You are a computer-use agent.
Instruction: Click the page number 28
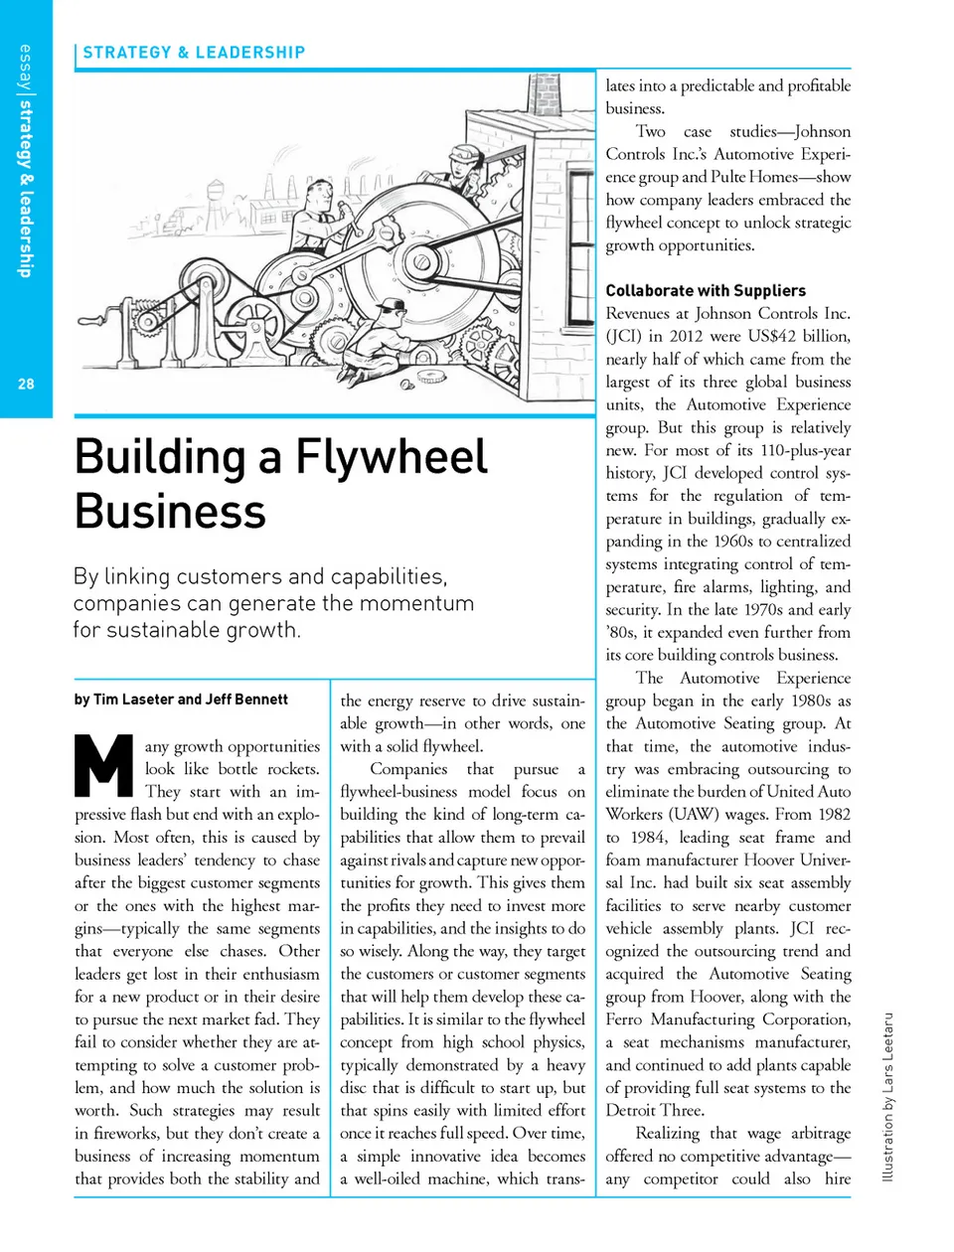26,384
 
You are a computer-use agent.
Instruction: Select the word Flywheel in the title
391,457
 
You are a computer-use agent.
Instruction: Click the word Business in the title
170,511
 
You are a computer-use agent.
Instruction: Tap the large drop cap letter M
103,765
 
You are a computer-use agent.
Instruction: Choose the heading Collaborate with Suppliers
706,290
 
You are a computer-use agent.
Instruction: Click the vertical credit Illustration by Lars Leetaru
888,1097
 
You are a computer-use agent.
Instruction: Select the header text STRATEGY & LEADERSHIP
194,53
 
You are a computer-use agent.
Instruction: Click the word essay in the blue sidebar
25,69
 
